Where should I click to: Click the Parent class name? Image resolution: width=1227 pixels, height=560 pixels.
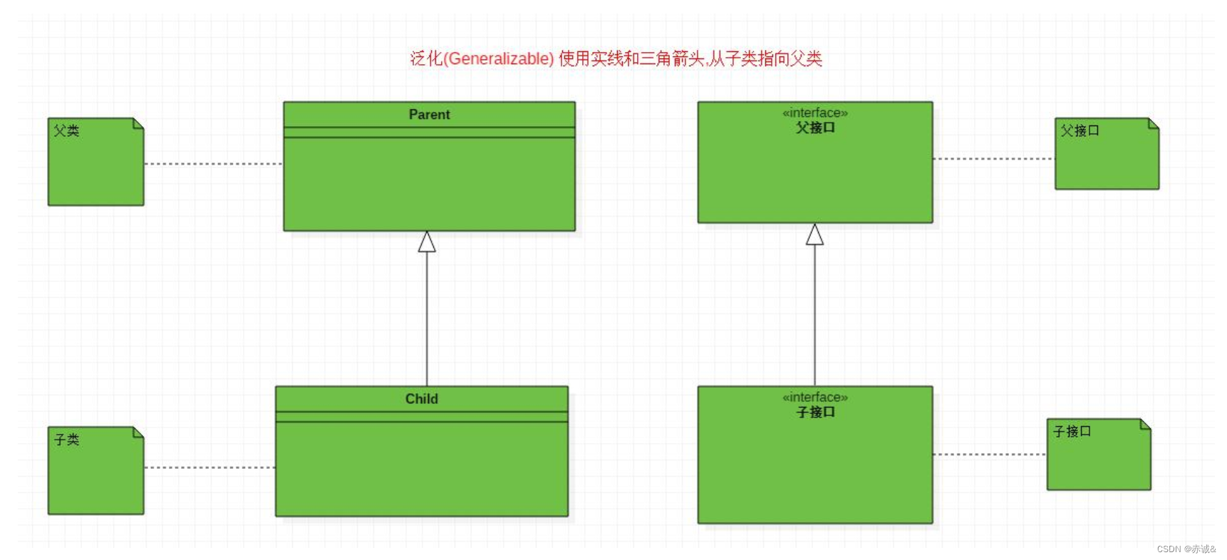[x=429, y=115]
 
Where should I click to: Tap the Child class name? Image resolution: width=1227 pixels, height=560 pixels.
[x=421, y=399]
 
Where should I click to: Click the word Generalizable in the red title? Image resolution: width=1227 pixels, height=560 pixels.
[x=499, y=58]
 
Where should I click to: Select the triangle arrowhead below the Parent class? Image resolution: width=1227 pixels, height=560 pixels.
[x=427, y=242]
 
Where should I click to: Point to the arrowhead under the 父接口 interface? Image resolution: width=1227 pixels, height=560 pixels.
[x=814, y=235]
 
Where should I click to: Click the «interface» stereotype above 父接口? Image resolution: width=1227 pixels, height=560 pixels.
[x=815, y=113]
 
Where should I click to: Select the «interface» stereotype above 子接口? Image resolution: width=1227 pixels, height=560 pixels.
[x=815, y=397]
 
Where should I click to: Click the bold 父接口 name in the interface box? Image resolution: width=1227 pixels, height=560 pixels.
[x=815, y=128]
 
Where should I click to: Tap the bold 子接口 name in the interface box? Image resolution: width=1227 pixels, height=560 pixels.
[x=815, y=412]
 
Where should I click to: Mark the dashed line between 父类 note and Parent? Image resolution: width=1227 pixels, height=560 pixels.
[x=214, y=164]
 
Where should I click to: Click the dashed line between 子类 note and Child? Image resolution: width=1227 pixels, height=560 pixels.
[x=209, y=467]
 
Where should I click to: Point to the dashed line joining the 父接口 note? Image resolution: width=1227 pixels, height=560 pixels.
[x=993, y=158]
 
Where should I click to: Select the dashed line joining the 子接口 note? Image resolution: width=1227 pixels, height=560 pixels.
[x=989, y=454]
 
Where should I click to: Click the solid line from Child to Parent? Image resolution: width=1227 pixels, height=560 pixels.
[x=427, y=321]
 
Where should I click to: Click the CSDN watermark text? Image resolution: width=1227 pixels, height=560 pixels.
[x=1186, y=549]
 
